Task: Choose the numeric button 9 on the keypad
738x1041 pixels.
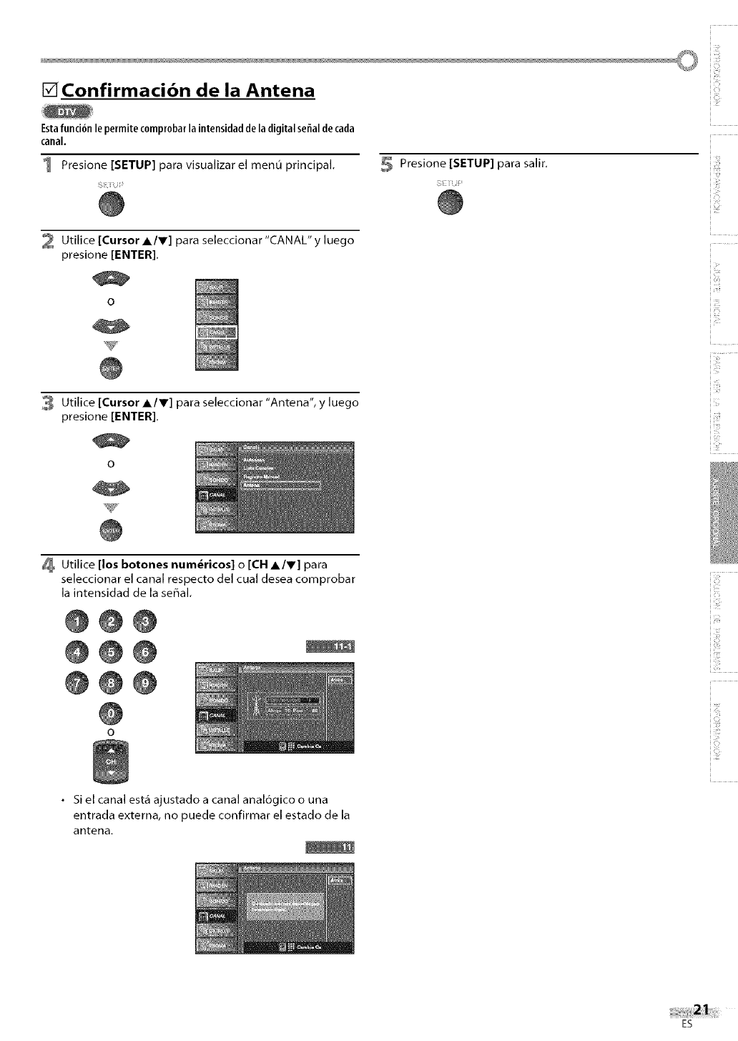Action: coord(144,682)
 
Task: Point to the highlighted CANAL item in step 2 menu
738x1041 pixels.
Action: coord(217,332)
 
